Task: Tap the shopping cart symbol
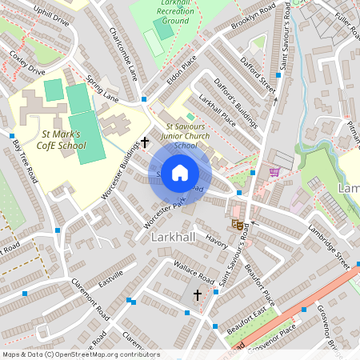coord(275,171)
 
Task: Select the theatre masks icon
coord(237,225)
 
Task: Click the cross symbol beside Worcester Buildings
coord(145,143)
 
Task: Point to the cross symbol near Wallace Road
coord(198,294)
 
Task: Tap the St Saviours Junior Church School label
coord(185,136)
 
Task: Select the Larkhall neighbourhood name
coord(167,239)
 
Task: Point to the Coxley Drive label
coord(26,63)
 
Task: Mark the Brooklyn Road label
coord(253,17)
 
